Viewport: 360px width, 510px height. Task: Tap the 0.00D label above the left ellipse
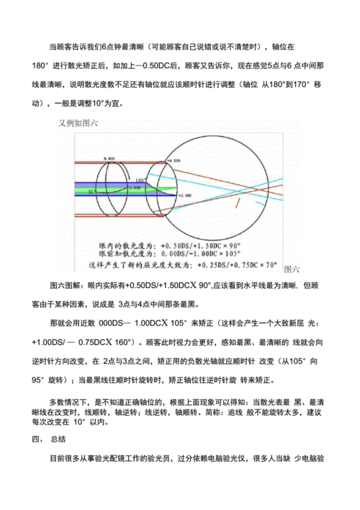click(x=109, y=158)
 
